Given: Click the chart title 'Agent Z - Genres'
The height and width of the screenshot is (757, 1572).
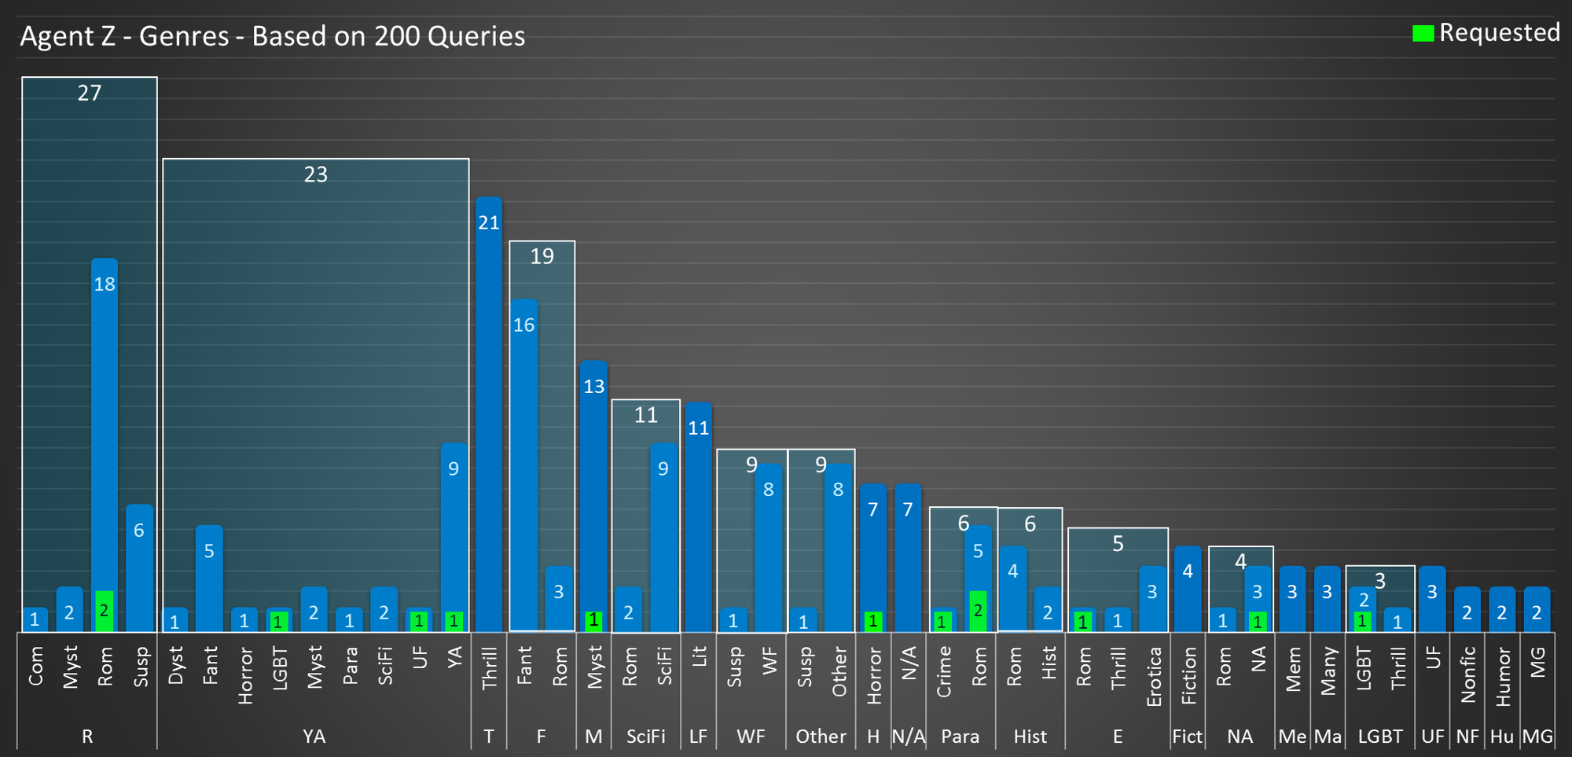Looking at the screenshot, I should tap(272, 36).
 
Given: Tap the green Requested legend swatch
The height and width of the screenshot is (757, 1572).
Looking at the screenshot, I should tap(1423, 33).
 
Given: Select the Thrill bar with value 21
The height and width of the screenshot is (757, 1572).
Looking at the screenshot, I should tap(489, 417).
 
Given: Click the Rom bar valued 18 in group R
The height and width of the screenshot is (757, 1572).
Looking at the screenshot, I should tap(105, 424).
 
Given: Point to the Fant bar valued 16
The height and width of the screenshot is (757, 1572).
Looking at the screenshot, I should tap(524, 464).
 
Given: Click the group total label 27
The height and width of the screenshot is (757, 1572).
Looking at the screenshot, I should tap(90, 93).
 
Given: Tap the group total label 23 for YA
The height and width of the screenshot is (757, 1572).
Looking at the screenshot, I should tap(315, 174).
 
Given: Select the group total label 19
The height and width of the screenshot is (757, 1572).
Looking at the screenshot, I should tap(542, 256).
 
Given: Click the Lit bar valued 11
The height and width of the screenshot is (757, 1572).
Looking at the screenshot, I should tap(699, 519).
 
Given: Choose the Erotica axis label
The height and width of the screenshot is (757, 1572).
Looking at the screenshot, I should tap(1153, 676).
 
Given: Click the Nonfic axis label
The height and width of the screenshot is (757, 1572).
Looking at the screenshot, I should tap(1467, 674).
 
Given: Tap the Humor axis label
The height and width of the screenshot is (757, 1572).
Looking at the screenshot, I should tap(1503, 676).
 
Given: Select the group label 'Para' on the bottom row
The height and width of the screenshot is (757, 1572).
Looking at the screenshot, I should tap(960, 737).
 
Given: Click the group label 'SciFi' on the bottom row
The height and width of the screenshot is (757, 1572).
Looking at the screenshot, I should tap(646, 737).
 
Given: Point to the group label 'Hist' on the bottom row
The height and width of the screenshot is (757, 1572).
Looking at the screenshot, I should tap(1030, 737).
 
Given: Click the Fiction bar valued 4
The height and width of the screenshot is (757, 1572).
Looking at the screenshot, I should tap(1188, 590).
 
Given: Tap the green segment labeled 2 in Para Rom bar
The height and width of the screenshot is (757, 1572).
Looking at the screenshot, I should tap(978, 611).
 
